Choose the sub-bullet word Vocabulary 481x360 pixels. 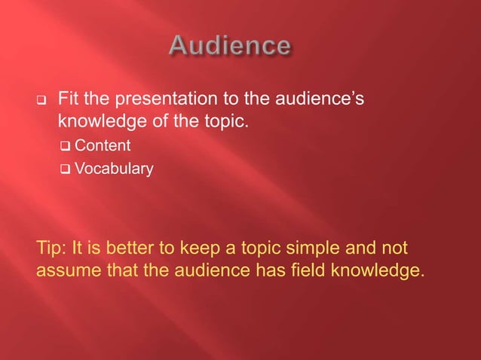point(114,169)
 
